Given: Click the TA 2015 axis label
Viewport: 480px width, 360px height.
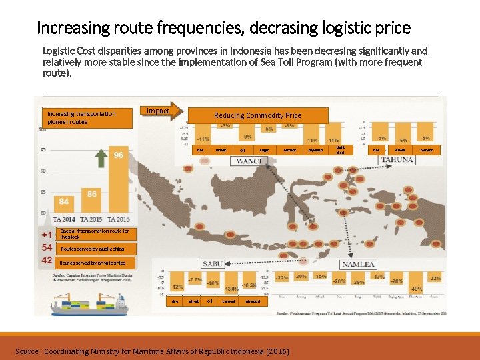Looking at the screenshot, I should (x=91, y=219).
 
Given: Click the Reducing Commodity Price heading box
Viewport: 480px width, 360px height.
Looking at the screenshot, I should (x=257, y=115).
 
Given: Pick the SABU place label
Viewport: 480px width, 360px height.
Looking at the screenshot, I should (x=211, y=263).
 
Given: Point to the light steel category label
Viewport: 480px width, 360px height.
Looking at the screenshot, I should (x=340, y=150).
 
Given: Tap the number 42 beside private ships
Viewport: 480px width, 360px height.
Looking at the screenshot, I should (x=47, y=261).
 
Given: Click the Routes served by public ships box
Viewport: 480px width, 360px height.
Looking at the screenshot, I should (x=93, y=249).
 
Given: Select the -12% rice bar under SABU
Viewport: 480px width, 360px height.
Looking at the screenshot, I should (x=177, y=283).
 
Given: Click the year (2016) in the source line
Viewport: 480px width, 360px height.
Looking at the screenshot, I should (x=277, y=351).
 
